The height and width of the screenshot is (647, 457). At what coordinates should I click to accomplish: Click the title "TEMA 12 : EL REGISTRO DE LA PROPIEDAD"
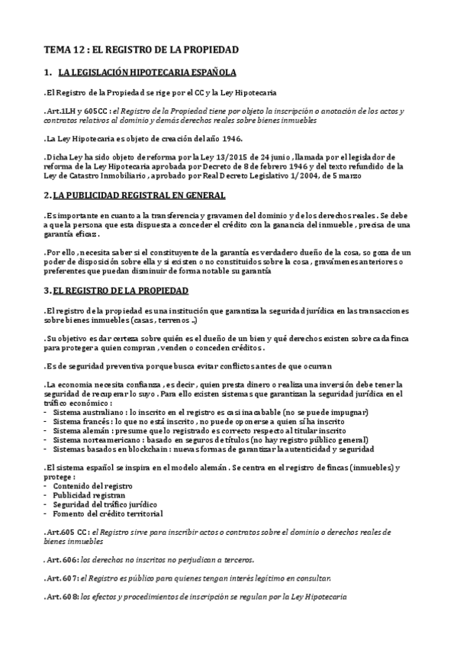(141, 50)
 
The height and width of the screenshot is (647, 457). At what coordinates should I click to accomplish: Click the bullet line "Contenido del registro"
(92, 485)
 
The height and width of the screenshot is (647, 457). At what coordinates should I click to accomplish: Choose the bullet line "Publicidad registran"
(89, 494)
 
